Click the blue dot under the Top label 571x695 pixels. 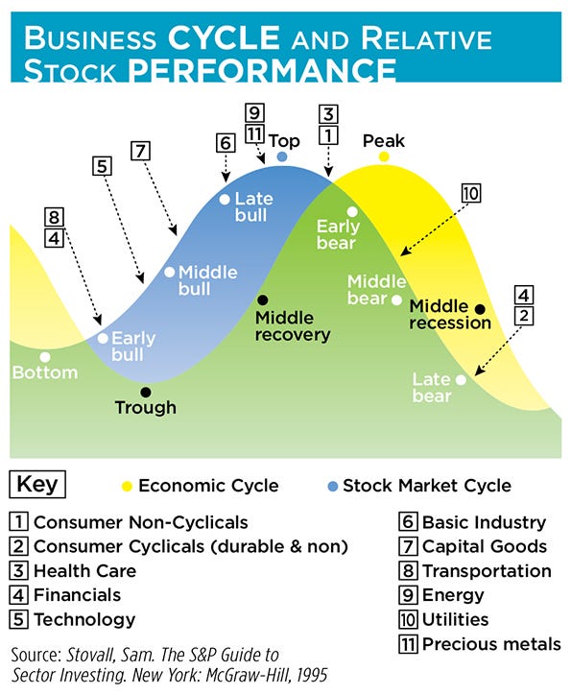(282, 156)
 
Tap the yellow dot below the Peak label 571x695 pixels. (384, 156)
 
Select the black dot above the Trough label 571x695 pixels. (145, 392)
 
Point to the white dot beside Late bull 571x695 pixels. (225, 199)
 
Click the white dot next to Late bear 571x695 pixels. (462, 379)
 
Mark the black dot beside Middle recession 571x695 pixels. (480, 308)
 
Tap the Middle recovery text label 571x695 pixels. (293, 325)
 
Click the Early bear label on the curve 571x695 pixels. (338, 235)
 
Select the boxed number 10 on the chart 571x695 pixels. (469, 192)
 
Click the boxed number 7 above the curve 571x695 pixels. (141, 151)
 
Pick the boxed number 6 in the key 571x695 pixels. (407, 523)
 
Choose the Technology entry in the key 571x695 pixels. (84, 619)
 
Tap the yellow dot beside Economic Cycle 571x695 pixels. (126, 486)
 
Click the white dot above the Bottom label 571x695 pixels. (44, 356)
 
